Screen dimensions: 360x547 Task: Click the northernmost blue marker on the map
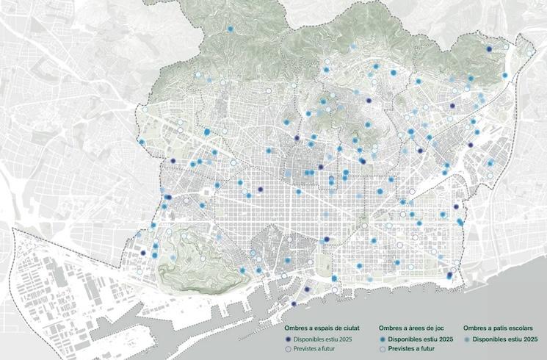[231, 30]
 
